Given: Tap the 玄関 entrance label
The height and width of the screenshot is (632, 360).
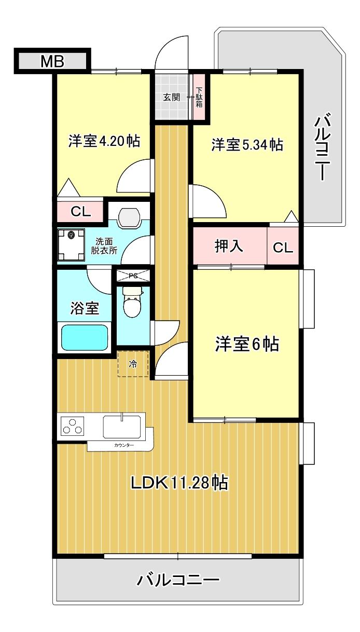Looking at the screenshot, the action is pos(172,98).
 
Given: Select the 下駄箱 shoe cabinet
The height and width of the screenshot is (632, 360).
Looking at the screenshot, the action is pos(199,97).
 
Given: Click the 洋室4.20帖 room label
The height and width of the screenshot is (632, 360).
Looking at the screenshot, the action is pos(104,141).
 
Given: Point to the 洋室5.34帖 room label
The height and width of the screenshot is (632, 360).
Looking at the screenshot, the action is pos(247,145).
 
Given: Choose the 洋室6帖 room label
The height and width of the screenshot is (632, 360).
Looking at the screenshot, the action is pos(247,344).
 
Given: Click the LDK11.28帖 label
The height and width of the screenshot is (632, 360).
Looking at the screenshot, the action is pos(179,483).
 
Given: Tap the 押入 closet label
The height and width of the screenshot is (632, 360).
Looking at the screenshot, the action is pos(229,246).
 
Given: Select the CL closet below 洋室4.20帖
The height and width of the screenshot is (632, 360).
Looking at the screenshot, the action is pos(80,211).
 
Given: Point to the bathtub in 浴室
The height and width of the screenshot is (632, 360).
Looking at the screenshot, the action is pos(85,338).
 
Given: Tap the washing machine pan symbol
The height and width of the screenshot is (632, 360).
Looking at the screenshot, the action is pos(71,245).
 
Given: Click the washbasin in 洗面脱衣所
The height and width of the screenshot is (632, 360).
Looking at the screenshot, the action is pos(129,218).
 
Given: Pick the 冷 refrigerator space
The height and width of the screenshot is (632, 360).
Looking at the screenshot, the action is pos(133,364).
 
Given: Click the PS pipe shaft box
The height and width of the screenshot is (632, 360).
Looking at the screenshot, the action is pos(133,276).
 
